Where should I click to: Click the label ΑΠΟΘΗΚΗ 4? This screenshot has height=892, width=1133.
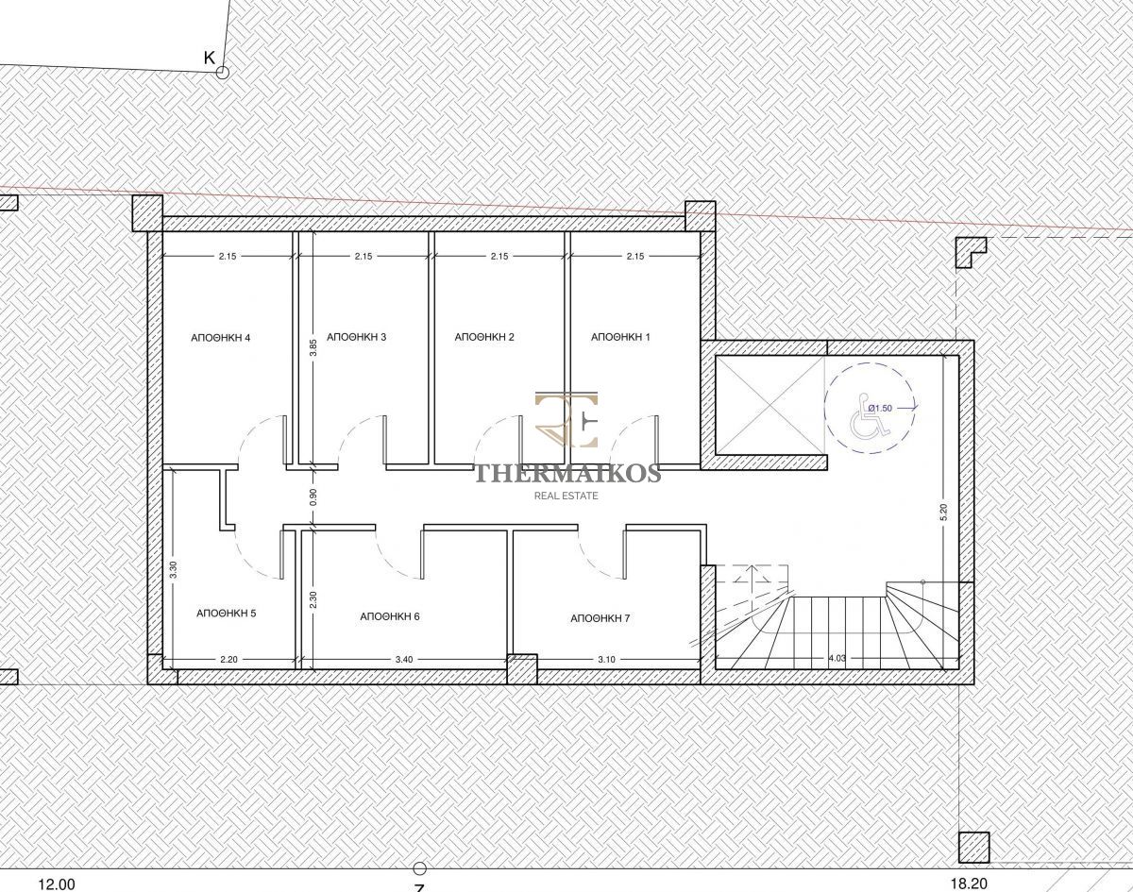(x=220, y=338)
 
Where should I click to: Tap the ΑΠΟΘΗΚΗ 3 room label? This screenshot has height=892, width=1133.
(x=357, y=336)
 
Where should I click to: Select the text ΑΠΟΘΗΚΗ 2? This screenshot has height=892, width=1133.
(x=484, y=336)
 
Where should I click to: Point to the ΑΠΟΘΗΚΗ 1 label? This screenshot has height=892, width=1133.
(x=620, y=336)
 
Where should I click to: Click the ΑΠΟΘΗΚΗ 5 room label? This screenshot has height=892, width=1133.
(x=227, y=613)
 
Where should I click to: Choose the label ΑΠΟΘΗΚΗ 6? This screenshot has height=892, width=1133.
(x=390, y=616)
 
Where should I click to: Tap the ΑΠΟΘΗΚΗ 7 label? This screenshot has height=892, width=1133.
(x=600, y=618)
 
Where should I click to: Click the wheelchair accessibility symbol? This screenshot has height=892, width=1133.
(x=871, y=417)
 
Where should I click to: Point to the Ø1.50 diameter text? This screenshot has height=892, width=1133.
(x=880, y=408)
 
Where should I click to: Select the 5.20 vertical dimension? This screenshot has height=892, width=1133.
(x=943, y=513)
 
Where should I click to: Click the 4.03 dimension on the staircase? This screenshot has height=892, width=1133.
(x=837, y=658)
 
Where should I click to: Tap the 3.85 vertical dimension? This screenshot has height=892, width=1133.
(x=313, y=347)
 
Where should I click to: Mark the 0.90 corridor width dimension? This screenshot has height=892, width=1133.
(x=313, y=496)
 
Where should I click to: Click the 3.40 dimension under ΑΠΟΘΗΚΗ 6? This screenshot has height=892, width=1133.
(x=404, y=659)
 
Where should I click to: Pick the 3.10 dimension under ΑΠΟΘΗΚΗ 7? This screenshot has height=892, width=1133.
(x=606, y=659)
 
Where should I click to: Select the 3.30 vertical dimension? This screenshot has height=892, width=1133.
(x=174, y=570)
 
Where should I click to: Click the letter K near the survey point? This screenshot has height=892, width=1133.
(x=210, y=59)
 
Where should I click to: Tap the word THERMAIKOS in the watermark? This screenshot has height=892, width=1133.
(x=568, y=474)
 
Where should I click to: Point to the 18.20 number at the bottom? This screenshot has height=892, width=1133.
(x=970, y=884)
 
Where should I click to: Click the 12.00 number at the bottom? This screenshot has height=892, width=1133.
(x=57, y=884)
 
